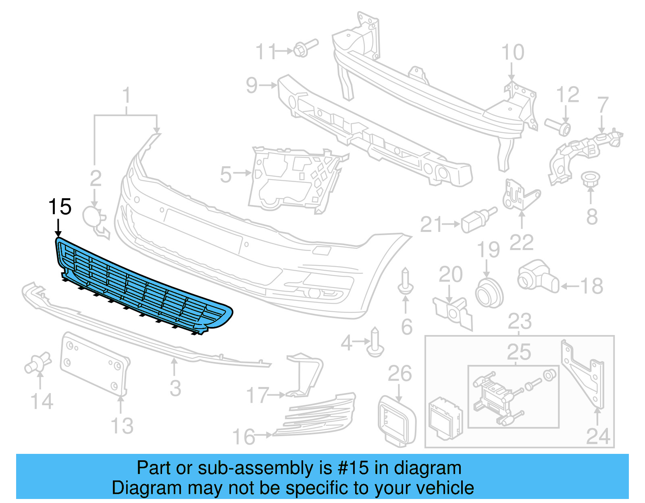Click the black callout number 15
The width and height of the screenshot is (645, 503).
coord(60,207)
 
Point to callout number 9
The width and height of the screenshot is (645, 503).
coord(252,85)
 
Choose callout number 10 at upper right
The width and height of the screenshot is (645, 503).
coord(513,53)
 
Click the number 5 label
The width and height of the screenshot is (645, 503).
coord(226,174)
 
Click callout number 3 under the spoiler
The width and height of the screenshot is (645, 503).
coord(175,388)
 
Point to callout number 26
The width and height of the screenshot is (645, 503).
coord(399,374)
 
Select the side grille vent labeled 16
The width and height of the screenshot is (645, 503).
coord(318,415)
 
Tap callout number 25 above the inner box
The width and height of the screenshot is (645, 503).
coord(519,352)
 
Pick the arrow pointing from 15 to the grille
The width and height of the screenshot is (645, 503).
coord(58,228)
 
